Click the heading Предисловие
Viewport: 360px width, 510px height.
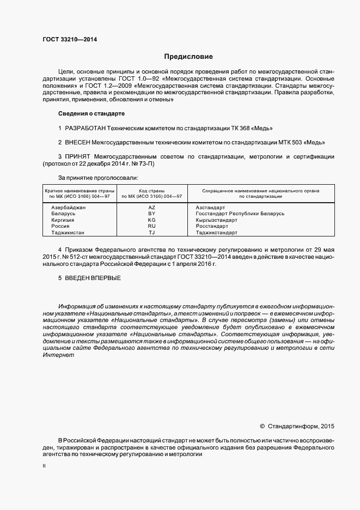click(x=189, y=57)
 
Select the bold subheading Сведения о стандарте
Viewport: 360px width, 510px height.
click(x=91, y=113)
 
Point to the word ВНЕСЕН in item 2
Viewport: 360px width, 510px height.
click(x=77, y=142)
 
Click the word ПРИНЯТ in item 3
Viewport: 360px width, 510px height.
click(x=77, y=157)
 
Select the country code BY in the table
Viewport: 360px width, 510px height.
click(x=152, y=214)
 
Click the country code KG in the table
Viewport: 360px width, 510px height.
click(x=152, y=220)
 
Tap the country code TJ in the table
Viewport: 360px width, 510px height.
click(x=152, y=233)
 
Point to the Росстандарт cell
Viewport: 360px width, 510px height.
click(x=211, y=226)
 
